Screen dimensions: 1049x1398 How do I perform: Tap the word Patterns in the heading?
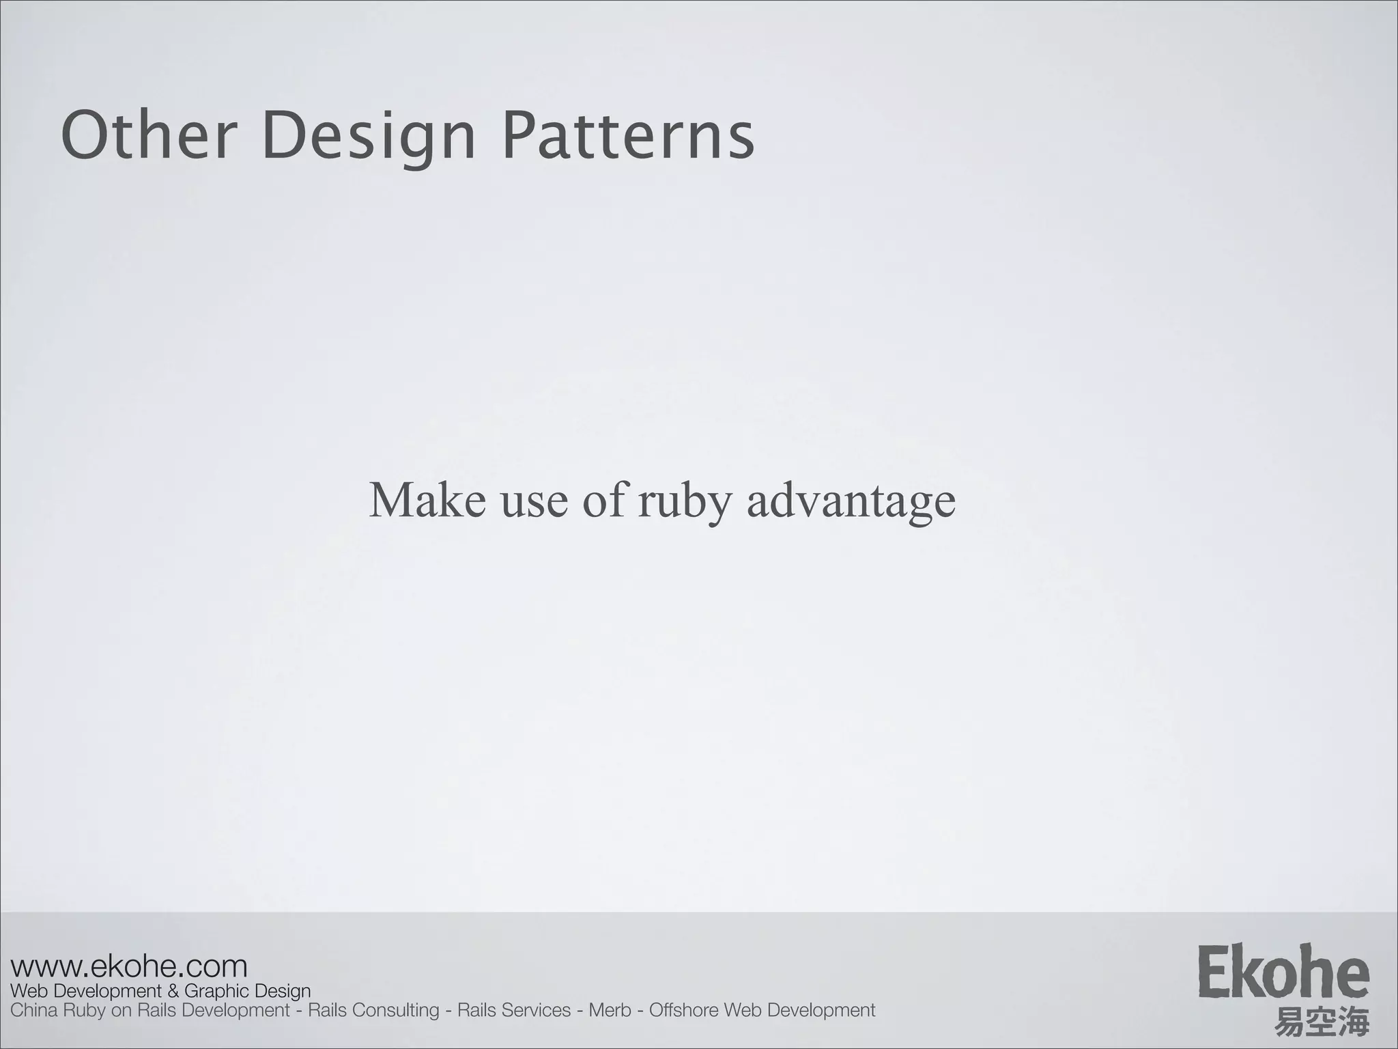[x=628, y=136]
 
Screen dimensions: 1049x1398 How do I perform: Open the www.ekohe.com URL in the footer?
[x=129, y=966]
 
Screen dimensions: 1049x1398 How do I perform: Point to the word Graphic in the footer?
[x=217, y=992]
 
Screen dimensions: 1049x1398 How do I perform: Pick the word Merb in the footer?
[x=610, y=1010]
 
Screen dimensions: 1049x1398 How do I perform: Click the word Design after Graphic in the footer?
[x=283, y=992]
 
